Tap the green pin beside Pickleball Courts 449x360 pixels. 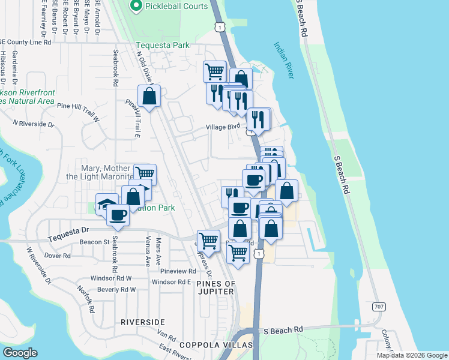[136, 7]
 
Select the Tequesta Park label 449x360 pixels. [162, 45]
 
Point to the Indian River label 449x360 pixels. [283, 60]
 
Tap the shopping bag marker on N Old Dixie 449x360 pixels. [149, 96]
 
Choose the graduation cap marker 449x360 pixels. [106, 203]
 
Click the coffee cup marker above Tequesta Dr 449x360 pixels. [118, 214]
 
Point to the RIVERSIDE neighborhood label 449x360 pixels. [143, 322]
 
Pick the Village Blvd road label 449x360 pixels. [223, 127]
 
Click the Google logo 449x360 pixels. [20, 353]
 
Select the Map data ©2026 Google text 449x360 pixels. [412, 355]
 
